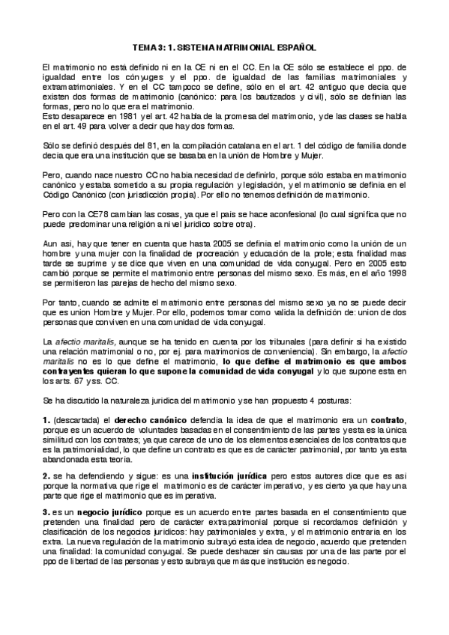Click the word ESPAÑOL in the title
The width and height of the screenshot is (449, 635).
(x=295, y=46)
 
